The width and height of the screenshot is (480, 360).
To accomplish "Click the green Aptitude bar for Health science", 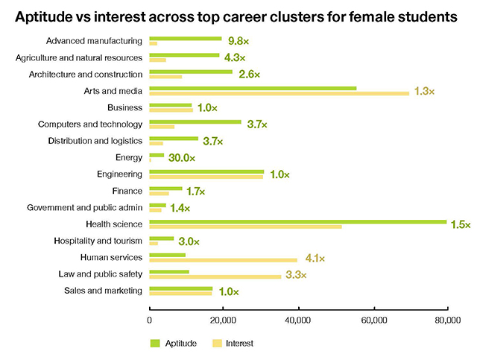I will click(298, 221).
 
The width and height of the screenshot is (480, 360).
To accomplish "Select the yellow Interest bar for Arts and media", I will click(280, 93).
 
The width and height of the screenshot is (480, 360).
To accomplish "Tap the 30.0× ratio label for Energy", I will click(181, 158).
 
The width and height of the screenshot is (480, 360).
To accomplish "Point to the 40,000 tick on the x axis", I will click(298, 320).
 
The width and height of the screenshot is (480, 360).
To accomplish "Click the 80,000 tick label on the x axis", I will click(447, 320).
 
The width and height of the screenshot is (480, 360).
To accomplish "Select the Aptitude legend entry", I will click(174, 344).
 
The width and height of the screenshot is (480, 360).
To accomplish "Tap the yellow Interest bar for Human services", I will click(224, 260).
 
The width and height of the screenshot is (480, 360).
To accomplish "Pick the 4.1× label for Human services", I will click(315, 259).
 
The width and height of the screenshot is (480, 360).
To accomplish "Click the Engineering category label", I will click(119, 174).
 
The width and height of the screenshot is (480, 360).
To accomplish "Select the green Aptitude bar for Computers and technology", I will click(195, 121).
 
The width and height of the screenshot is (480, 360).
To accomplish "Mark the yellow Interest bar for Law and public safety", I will click(215, 277).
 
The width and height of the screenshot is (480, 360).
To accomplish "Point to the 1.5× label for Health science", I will click(461, 225).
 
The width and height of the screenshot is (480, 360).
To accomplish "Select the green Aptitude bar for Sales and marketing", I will click(181, 288).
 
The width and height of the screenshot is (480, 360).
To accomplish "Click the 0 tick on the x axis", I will click(150, 320).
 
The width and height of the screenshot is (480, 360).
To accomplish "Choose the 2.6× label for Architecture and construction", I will click(248, 75).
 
